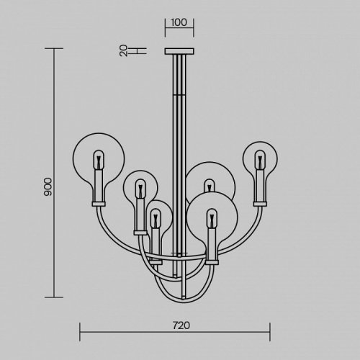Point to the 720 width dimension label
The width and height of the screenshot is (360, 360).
181,325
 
